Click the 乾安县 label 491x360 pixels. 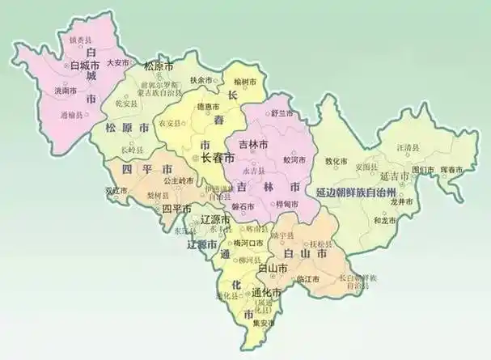click(x=127, y=104)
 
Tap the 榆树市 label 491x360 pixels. click(x=243, y=83)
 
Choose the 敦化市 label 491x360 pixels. click(x=336, y=161)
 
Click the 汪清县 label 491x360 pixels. click(x=405, y=147)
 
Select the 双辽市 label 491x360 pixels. click(x=116, y=191)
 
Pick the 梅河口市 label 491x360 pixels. click(x=246, y=243)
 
